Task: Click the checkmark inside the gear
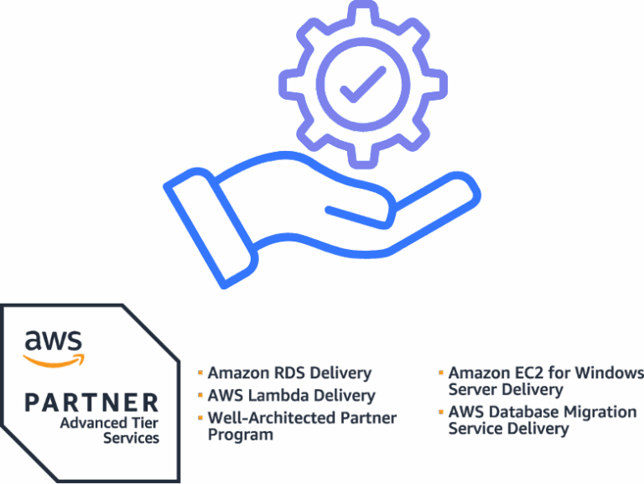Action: tap(363, 84)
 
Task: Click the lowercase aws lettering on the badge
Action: tap(54, 341)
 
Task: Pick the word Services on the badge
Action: tap(131, 438)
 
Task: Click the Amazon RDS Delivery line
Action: tap(289, 373)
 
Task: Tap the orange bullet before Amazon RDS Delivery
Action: tap(201, 372)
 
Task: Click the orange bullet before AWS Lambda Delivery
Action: tap(201, 393)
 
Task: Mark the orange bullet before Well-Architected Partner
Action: tap(201, 416)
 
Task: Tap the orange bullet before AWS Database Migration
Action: tap(442, 410)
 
